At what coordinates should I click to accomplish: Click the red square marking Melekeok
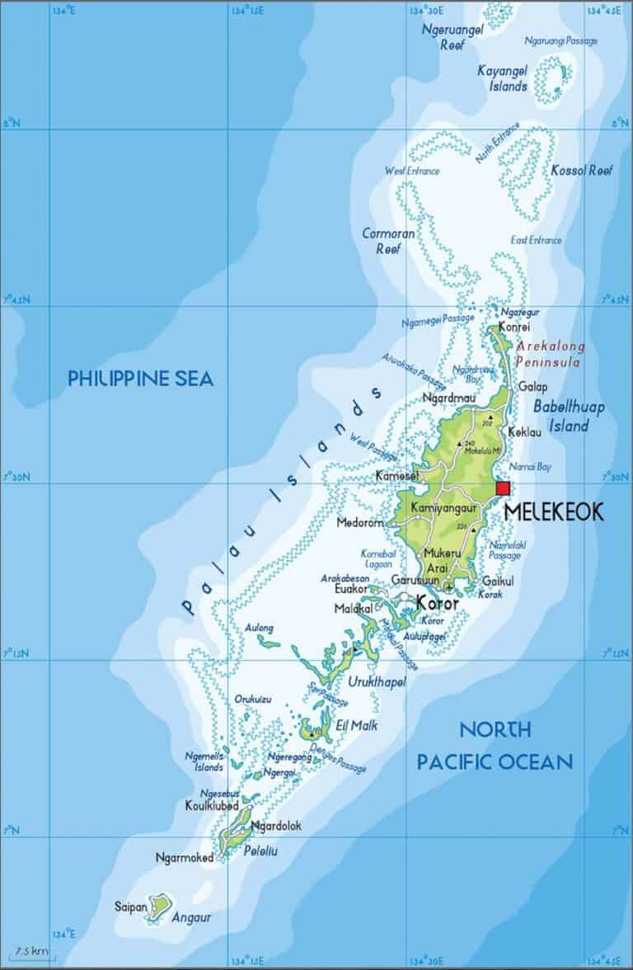503,488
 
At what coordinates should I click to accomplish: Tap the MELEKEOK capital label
553,511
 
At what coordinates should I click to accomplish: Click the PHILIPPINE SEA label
140,379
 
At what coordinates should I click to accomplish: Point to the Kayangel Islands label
503,78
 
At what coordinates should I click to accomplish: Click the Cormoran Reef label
388,240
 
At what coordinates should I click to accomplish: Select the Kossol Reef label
584,170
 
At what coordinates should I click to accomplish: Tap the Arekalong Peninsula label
548,354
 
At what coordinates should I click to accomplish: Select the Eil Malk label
357,726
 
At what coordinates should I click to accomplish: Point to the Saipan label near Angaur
131,907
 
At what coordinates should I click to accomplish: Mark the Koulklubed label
212,806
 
